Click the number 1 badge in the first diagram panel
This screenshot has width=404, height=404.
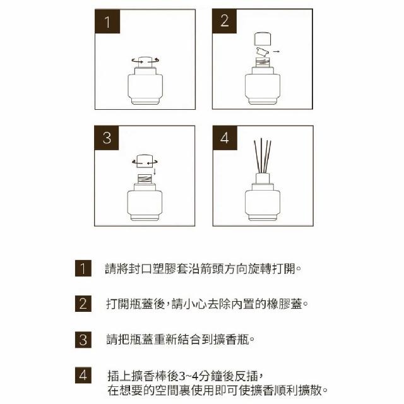tap(107, 21)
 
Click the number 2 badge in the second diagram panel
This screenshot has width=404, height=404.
tap(225, 21)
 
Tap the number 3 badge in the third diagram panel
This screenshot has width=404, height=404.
tap(107, 138)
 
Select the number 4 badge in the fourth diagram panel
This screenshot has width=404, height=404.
tap(225, 138)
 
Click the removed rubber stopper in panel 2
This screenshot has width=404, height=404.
tap(263, 52)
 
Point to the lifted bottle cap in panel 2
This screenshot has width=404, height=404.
tap(263, 39)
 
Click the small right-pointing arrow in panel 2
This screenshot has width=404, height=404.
tap(276, 52)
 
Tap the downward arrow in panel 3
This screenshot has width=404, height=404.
tap(155, 172)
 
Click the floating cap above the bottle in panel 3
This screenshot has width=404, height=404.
tap(145, 162)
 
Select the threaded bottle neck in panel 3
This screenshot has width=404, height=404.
tap(145, 179)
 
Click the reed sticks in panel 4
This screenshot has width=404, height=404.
tap(263, 156)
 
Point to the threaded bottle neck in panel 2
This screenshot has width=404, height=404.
tap(263, 62)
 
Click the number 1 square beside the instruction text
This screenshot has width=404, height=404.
tap(83, 268)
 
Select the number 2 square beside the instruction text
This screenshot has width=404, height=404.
tap(83, 304)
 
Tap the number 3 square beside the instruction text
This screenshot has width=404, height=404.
tap(83, 340)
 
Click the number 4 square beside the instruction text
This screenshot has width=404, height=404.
tap(83, 375)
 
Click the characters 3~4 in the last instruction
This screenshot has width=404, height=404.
tap(189, 376)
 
